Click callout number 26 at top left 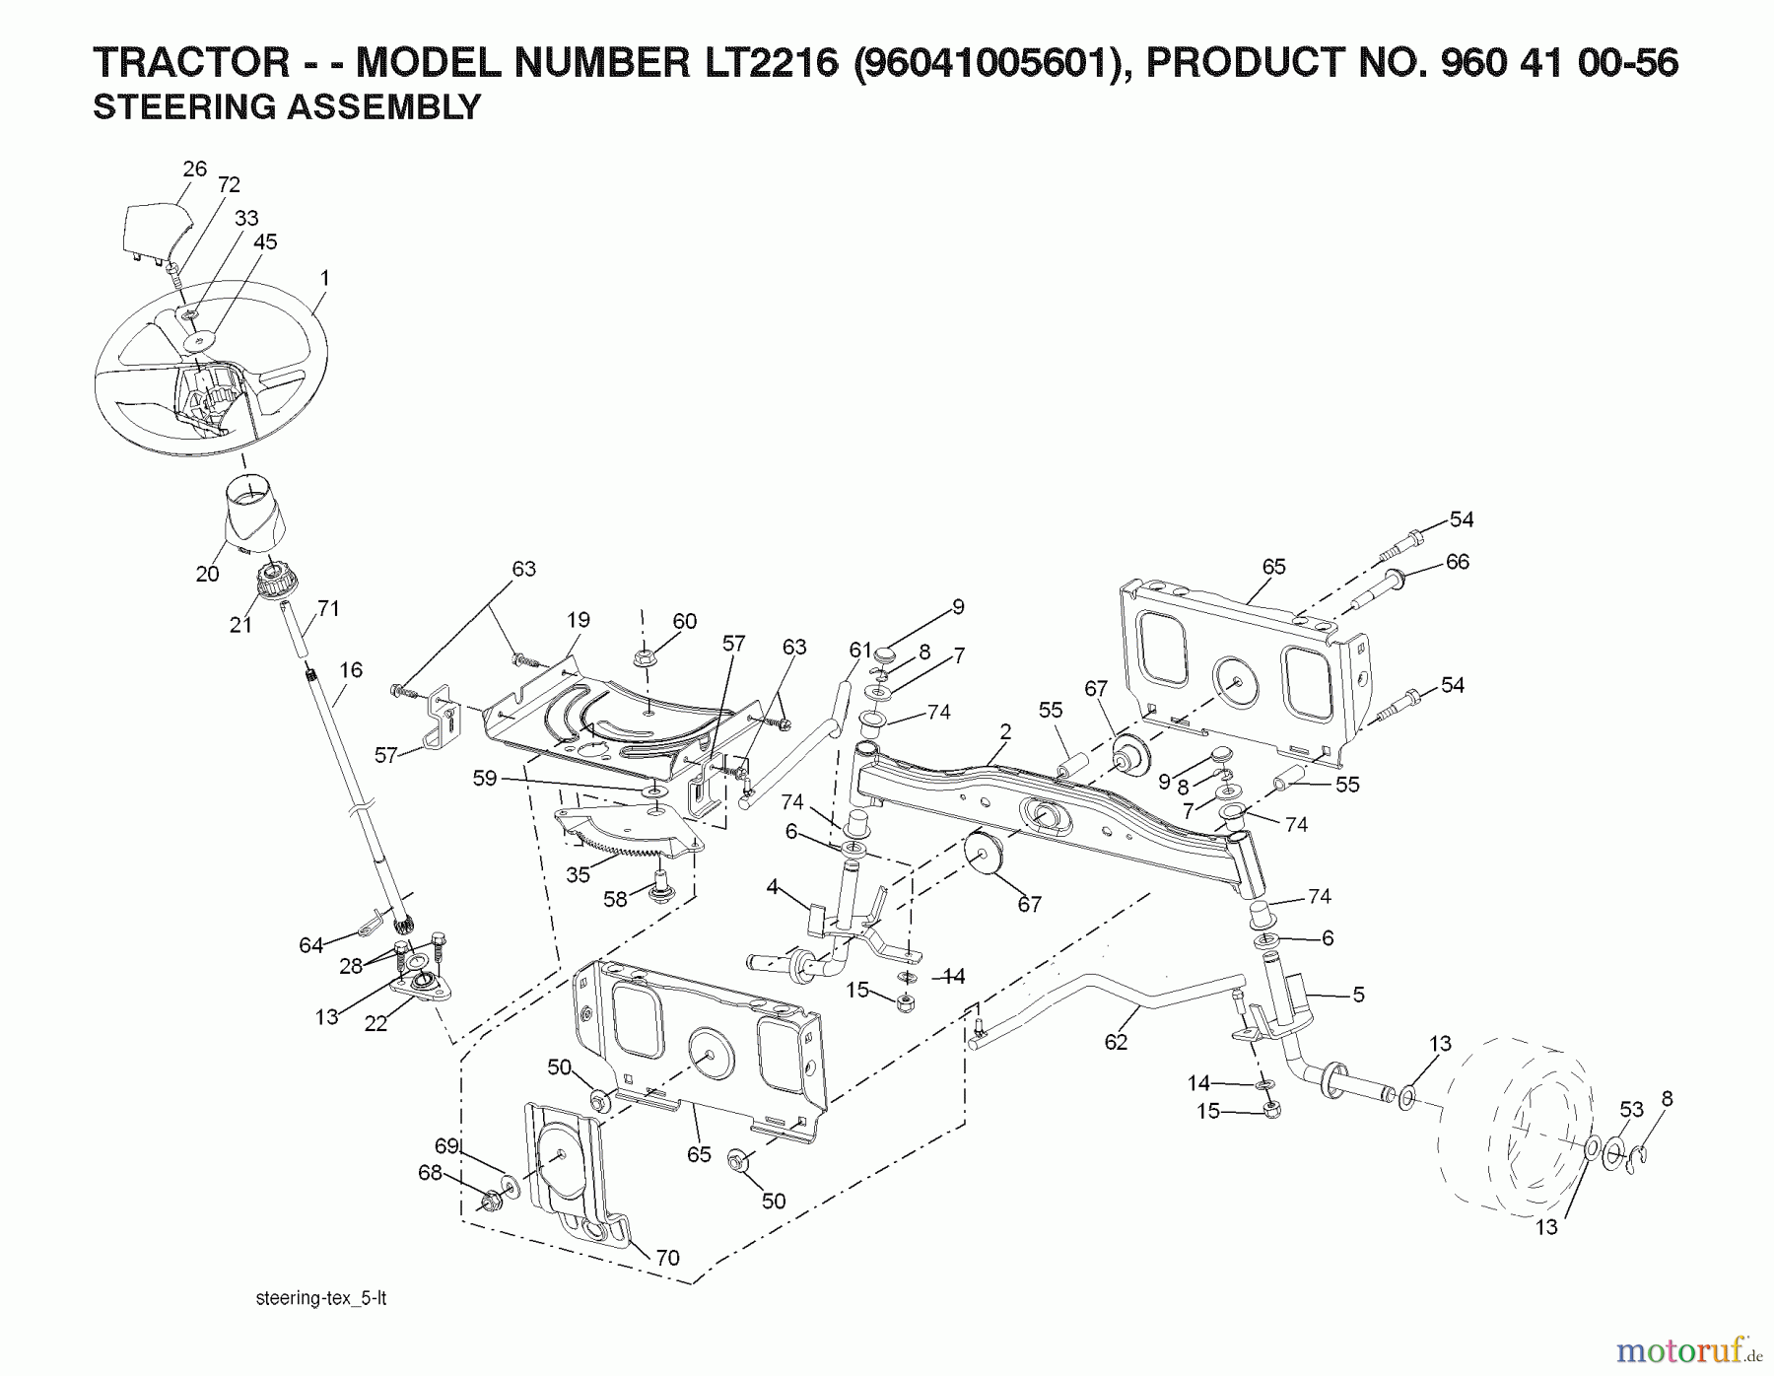(195, 169)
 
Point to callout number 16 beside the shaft (352, 669)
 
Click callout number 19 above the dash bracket (578, 619)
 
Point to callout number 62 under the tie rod (1116, 1042)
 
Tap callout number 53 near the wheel (1632, 1109)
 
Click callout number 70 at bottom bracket (667, 1258)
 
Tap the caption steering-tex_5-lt (320, 1298)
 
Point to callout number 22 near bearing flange (375, 1024)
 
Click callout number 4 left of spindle (774, 887)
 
